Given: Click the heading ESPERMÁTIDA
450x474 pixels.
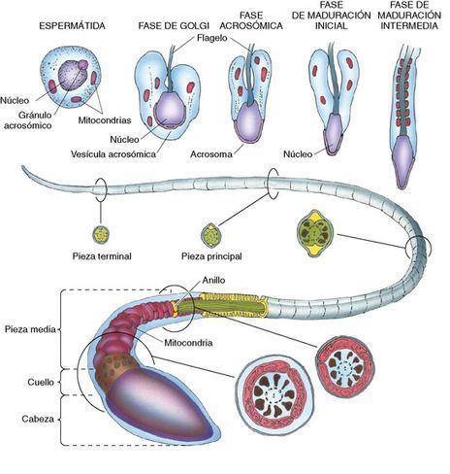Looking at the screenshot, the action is [x=72, y=25].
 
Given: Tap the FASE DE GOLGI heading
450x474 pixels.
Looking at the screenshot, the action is [x=174, y=25].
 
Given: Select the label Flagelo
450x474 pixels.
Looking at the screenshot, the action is [x=212, y=38].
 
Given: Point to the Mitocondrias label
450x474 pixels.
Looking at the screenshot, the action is [x=105, y=120].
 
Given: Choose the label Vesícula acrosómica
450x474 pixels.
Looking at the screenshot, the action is [x=113, y=154].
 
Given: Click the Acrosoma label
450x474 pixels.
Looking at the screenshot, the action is [x=211, y=154].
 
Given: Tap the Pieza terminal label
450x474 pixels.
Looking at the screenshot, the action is [x=102, y=256].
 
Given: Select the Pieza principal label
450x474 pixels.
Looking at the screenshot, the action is [x=211, y=256].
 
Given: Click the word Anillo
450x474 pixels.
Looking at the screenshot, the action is [x=213, y=280].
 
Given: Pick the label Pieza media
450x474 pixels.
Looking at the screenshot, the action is [x=30, y=329].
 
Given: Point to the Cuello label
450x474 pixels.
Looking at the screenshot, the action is [x=41, y=382].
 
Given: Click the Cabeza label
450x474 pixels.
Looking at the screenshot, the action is [x=38, y=419].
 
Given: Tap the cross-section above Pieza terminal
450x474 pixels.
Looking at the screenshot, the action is [x=101, y=234].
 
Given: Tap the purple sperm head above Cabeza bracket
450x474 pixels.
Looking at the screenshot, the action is [x=162, y=408].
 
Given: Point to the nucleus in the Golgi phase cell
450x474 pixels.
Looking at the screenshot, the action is [x=170, y=110].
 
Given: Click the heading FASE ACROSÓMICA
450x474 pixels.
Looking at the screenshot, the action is [x=251, y=20].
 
